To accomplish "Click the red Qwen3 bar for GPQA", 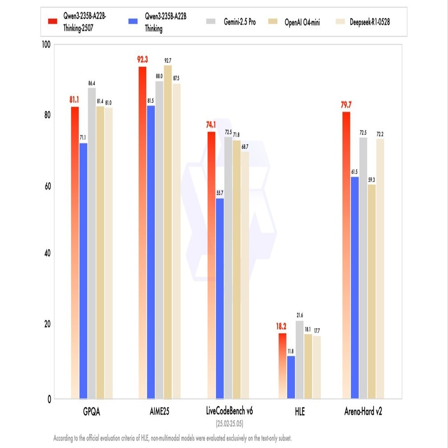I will click(75, 252).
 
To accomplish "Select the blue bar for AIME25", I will click(151, 252).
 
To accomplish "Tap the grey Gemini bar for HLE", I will click(300, 359).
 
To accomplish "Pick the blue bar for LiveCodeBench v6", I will click(220, 299).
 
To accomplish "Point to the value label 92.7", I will click(168, 60).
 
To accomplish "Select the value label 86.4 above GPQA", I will click(91, 83).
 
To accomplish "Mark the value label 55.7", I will click(220, 193).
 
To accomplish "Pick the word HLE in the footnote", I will click(145, 438).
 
